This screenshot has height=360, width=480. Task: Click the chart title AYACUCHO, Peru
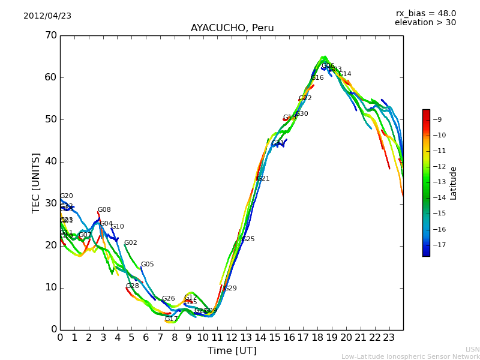pos(232,28)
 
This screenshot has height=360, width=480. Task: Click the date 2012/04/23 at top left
pos(47,16)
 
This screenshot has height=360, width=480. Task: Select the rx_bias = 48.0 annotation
pos(425,13)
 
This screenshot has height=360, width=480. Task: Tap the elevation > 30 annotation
pos(425,23)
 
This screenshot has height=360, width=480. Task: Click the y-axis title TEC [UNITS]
pos(36,182)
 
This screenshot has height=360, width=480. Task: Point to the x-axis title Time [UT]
pos(232,350)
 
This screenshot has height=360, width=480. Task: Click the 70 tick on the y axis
pos(50,35)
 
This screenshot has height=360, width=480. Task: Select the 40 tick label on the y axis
pos(50,161)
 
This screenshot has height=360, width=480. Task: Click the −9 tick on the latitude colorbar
pos(437,119)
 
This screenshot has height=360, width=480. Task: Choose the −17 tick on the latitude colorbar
pos(439,245)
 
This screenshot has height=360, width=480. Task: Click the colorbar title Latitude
pos(454,182)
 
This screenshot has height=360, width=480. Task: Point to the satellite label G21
pos(263,178)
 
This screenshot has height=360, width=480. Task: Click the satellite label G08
pos(104,210)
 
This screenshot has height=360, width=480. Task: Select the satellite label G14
pos(345,74)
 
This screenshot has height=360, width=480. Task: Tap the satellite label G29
pos(230,289)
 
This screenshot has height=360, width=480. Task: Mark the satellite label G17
pos(171,319)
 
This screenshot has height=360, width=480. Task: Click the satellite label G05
pos(147,265)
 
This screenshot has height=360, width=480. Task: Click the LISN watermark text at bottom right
pos(472,349)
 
